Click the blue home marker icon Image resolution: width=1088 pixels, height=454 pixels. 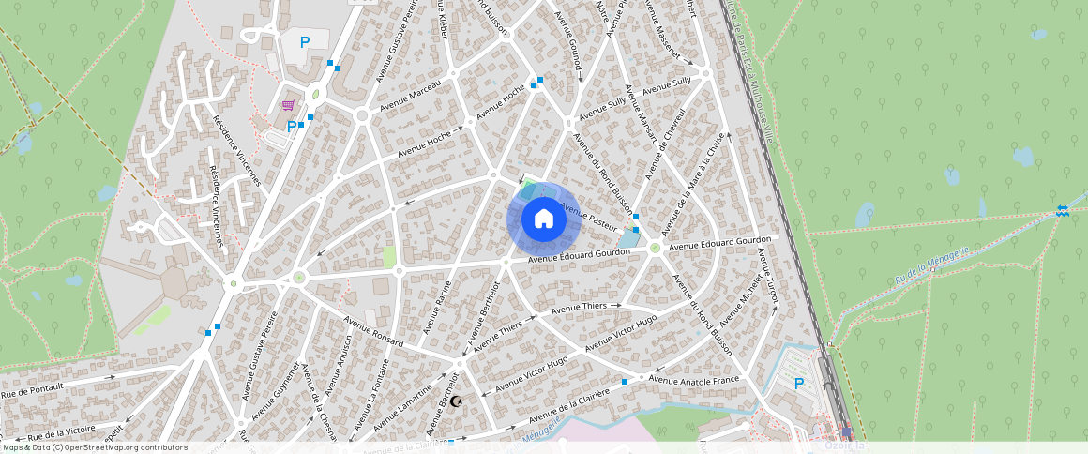point(543,219)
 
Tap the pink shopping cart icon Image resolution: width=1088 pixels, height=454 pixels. point(288,106)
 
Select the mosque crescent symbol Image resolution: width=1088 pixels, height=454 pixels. point(457,401)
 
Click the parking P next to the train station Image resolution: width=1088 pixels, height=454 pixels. point(799,383)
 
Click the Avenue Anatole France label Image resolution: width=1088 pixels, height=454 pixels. point(693,380)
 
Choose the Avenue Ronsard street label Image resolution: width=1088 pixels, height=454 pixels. point(373,331)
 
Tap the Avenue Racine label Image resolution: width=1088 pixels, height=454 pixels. point(437,307)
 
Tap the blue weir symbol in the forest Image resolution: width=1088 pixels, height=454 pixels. point(1062,211)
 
